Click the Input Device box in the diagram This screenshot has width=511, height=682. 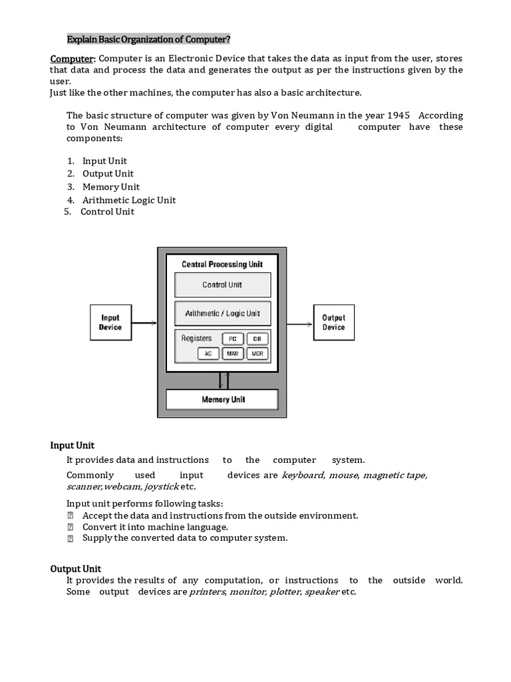[x=110, y=322]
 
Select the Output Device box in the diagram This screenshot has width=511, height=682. [x=333, y=322]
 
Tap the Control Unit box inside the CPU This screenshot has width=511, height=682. [x=222, y=285]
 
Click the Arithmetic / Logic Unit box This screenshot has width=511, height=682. [x=222, y=313]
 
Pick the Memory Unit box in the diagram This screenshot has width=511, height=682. [x=222, y=400]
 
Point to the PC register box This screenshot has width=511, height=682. [x=232, y=338]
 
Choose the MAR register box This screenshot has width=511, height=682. [x=232, y=354]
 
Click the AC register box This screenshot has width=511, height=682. [x=208, y=354]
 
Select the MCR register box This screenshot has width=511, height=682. [x=257, y=354]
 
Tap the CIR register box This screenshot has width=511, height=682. [x=257, y=338]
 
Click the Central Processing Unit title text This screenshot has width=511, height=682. [x=222, y=264]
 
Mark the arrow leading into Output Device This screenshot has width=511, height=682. [x=300, y=324]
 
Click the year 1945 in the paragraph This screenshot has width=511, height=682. [x=395, y=115]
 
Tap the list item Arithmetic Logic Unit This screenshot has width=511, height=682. [x=129, y=200]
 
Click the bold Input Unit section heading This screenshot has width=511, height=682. [x=73, y=446]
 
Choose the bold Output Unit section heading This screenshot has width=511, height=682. [x=76, y=568]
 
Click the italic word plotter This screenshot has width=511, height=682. [x=284, y=591]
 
